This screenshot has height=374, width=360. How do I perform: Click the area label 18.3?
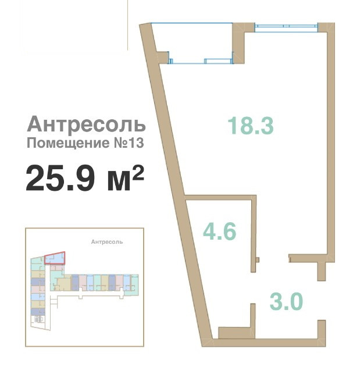pyautogui.click(x=250, y=126)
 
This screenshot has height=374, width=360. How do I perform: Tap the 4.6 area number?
pyautogui.click(x=219, y=231)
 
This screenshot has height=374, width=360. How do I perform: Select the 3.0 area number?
pyautogui.click(x=286, y=301)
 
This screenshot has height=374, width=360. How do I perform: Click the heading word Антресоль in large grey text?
pyautogui.click(x=86, y=124)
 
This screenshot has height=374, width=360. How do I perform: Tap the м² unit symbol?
pyautogui.click(x=126, y=178)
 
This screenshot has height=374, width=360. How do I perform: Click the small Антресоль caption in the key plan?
pyautogui.click(x=107, y=242)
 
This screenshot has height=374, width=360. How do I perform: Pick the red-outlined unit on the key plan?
pyautogui.click(x=55, y=258)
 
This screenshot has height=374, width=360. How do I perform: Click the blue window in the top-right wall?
pyautogui.click(x=286, y=27)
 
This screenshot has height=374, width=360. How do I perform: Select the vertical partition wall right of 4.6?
pyautogui.click(x=254, y=234)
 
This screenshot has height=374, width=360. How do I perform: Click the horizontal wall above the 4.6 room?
pyautogui.click(x=220, y=198)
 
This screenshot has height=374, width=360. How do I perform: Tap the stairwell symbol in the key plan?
pyautogui.click(x=38, y=319)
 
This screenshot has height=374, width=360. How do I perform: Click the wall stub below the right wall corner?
pyautogui.click(x=322, y=272)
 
